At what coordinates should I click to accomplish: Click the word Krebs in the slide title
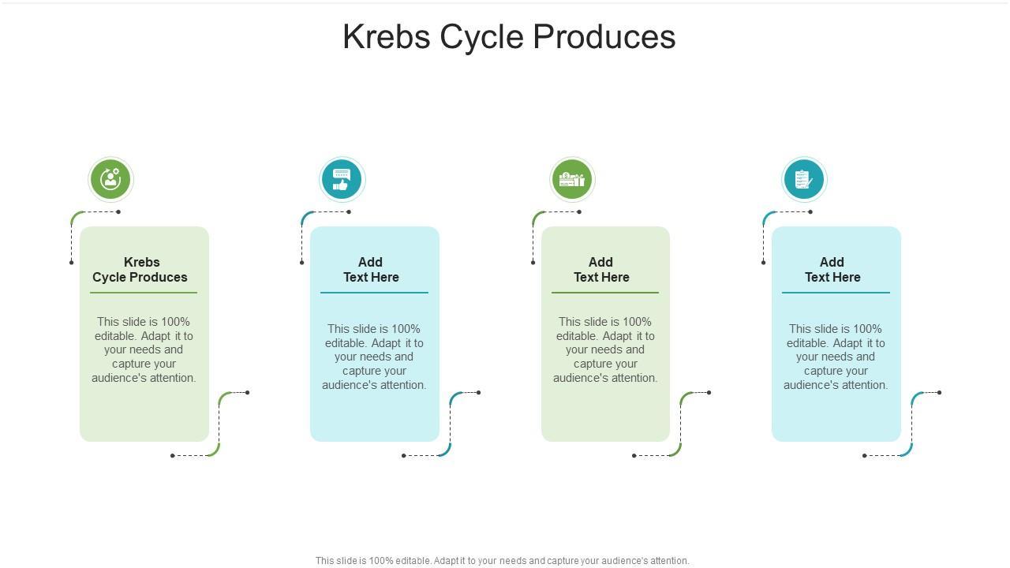(x=385, y=37)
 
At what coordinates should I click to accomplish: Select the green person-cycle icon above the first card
(x=110, y=179)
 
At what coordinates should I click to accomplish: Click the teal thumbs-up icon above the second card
(x=342, y=179)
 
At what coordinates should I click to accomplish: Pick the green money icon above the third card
(x=572, y=179)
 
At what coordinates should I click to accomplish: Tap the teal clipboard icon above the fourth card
(x=803, y=179)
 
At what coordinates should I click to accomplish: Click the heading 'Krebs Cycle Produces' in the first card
(x=140, y=270)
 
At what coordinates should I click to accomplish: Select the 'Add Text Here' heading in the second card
(x=371, y=270)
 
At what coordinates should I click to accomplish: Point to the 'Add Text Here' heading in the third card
(x=601, y=270)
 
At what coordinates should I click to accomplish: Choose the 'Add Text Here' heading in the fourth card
(x=832, y=270)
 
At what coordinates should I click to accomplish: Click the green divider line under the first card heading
(x=144, y=293)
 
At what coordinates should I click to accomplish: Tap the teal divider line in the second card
(x=374, y=293)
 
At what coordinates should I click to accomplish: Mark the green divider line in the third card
(x=605, y=293)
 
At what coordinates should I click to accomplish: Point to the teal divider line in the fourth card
(x=836, y=293)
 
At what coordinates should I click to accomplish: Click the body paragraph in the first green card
(x=144, y=349)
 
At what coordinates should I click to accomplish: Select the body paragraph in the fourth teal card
(x=836, y=357)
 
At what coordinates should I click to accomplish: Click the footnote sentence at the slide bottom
(x=503, y=561)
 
